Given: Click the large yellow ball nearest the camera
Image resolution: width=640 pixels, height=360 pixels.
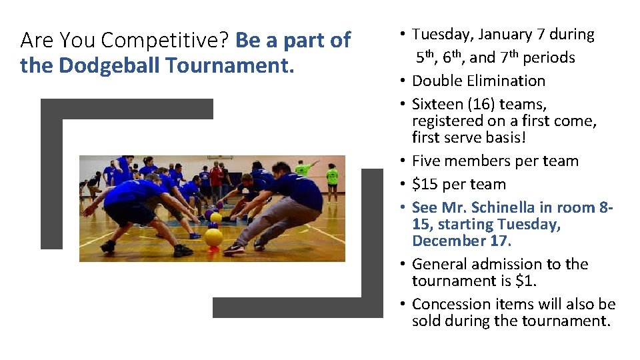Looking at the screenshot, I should click(213, 237).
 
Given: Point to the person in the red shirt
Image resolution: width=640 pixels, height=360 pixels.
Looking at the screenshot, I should click(217, 177).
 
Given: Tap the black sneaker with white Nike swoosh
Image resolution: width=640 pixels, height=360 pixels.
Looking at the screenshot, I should click(233, 249).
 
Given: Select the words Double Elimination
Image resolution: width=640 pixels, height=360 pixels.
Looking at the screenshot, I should click(479, 81).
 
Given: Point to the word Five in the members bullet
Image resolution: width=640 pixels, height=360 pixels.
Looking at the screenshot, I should click(427, 161).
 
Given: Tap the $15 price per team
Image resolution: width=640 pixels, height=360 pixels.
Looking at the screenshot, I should click(425, 184).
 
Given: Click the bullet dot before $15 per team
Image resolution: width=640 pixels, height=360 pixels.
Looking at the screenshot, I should click(403, 184).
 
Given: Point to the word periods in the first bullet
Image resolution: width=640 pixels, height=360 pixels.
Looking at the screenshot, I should click(549, 57).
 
